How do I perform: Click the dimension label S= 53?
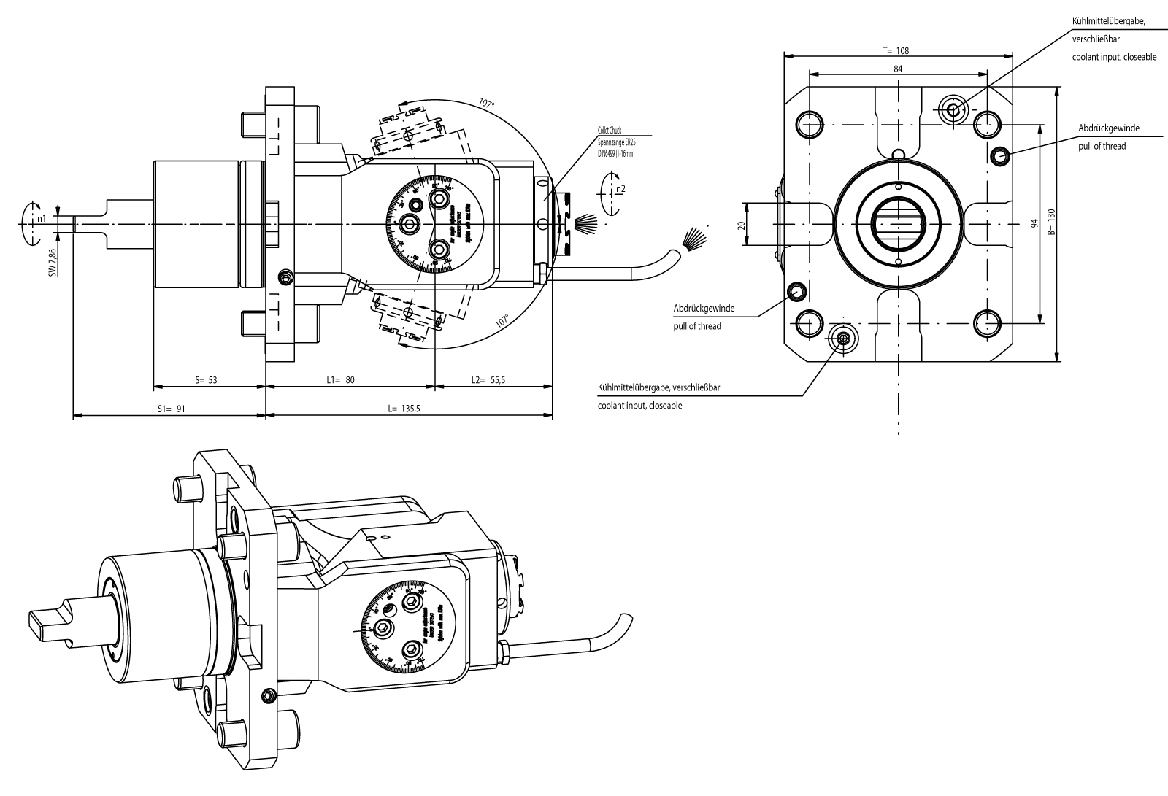(x=206, y=380)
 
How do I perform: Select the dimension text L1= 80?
(x=340, y=380)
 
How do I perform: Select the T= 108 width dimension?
(x=895, y=51)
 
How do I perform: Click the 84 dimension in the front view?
(x=898, y=69)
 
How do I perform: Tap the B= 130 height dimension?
(x=1051, y=223)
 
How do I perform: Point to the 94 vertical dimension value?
(x=1034, y=224)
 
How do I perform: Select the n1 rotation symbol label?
(x=42, y=218)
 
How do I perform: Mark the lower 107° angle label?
(x=502, y=320)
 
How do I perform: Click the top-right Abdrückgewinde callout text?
(x=1108, y=128)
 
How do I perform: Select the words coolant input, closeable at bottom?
(x=639, y=406)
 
